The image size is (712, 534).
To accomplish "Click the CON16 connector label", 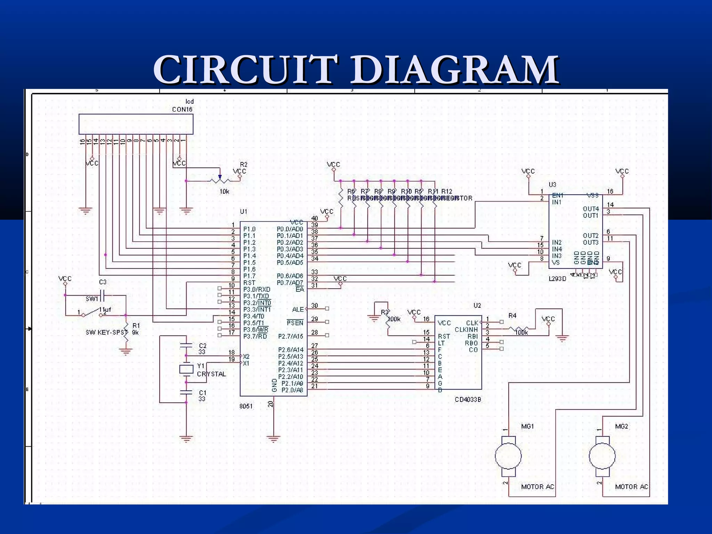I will pos(182,109).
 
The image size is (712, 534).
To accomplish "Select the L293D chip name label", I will pos(557,278).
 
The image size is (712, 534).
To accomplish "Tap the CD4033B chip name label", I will pos(468,399).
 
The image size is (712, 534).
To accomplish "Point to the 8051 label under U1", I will pos(246,406).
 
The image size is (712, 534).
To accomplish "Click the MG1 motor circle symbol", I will pos(508,456).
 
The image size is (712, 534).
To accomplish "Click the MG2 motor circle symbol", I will pos(602,456).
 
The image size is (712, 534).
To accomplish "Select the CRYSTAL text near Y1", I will pos(211,374).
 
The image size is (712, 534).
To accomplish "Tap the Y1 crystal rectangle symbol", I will pos(186,369).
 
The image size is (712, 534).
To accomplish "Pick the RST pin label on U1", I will pos(249,283).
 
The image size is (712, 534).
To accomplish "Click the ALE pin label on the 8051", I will pos(298,309).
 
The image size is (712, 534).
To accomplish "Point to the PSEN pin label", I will pos(295,323).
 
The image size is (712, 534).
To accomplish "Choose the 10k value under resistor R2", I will pos(224,192).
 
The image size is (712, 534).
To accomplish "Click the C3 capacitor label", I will pos(103,282).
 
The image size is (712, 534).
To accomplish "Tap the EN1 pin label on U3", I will pos(558,195).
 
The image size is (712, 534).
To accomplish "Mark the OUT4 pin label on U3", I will pos(591,209).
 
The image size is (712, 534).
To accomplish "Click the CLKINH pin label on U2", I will pos(466,330).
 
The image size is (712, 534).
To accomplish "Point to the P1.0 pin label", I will pos(249,229).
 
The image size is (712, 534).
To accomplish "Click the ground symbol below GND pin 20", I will pos(274,439).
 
